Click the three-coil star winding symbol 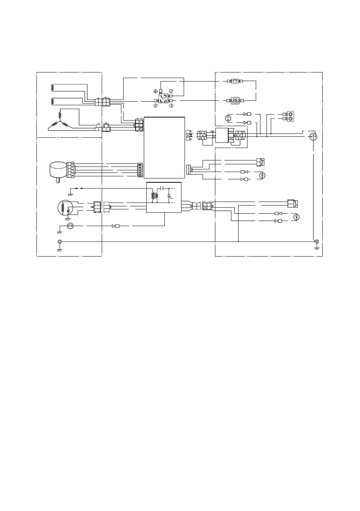[60, 120]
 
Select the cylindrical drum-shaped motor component [57, 170]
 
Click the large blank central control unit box [164, 147]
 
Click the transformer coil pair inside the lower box [154, 196]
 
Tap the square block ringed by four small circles [163, 97]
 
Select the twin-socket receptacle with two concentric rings [290, 116]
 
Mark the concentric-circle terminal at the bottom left [60, 242]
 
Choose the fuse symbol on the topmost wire [235, 81]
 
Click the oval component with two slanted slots [235, 100]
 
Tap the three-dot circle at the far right [313, 136]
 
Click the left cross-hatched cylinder [202, 136]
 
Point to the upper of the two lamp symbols [264, 175]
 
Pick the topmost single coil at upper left [53, 87]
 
